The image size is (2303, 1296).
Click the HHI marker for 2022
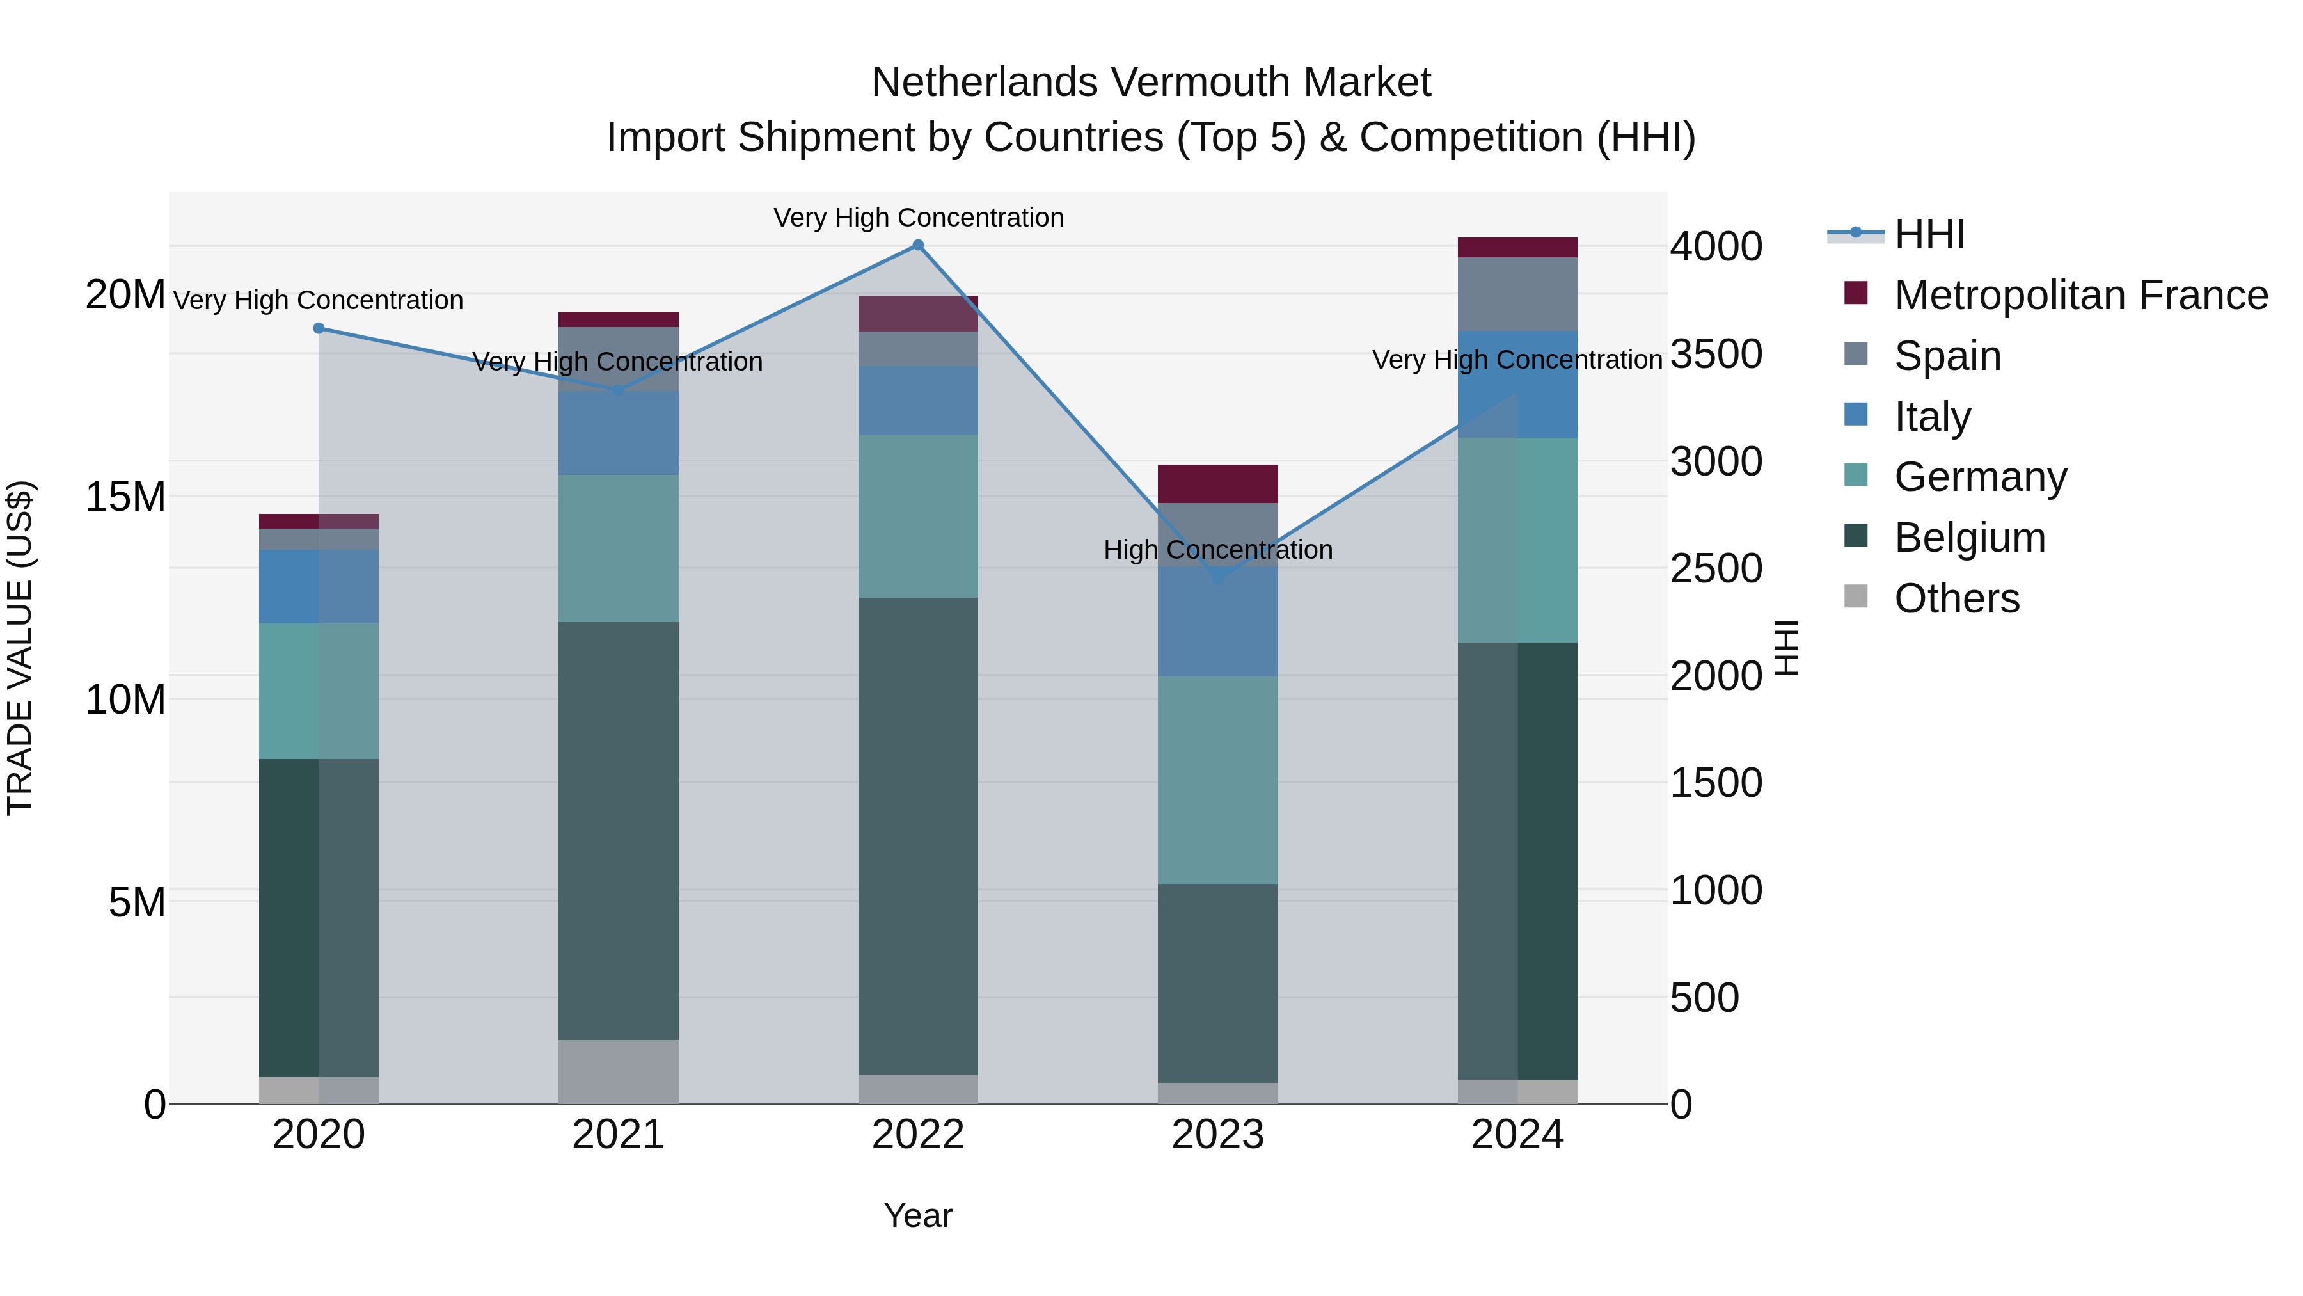pyautogui.click(x=917, y=245)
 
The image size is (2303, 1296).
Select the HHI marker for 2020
pyautogui.click(x=319, y=328)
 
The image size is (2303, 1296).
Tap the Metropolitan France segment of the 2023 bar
pyautogui.click(x=1217, y=484)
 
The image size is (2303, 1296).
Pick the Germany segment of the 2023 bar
pyautogui.click(x=1217, y=780)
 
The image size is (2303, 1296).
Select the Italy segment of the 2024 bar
pyautogui.click(x=1517, y=385)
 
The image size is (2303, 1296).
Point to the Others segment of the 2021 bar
pyautogui.click(x=618, y=1071)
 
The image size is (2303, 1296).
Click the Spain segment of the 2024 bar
pyautogui.click(x=1517, y=294)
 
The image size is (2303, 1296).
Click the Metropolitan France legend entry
pyautogui.click(x=2080, y=295)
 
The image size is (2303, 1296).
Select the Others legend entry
pyautogui.click(x=1956, y=598)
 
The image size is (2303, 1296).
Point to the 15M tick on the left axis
pyautogui.click(x=125, y=497)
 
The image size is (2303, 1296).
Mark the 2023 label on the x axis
pyautogui.click(x=1217, y=1135)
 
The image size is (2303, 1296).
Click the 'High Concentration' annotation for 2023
pyautogui.click(x=1217, y=549)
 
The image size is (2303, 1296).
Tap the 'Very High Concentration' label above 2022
pyautogui.click(x=918, y=218)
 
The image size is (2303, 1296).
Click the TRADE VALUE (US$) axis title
pyautogui.click(x=20, y=648)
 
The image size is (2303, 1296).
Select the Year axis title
pyautogui.click(x=918, y=1215)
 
